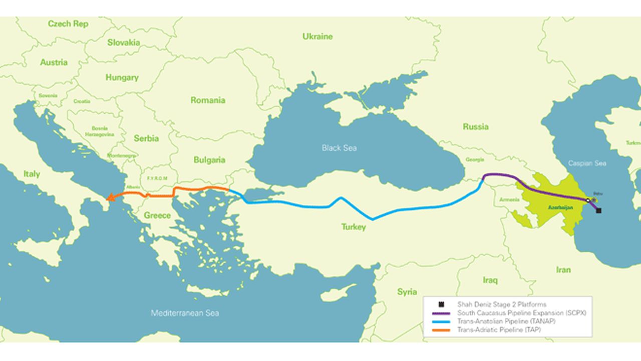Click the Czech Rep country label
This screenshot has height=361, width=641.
(68, 24)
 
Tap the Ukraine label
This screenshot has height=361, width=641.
(317, 36)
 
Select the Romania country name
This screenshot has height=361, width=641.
(208, 100)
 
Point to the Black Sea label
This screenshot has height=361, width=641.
(339, 148)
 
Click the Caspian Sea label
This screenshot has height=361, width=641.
(587, 163)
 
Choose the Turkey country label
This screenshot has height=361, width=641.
(354, 227)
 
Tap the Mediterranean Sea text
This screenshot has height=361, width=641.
(185, 313)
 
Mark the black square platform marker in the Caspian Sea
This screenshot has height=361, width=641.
(599, 211)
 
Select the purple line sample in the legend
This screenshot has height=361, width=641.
(441, 313)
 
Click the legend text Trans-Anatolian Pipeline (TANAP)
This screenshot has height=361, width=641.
(506, 321)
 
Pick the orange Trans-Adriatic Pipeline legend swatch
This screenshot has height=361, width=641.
(441, 330)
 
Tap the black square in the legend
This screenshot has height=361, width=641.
(441, 304)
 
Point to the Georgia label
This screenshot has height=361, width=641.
(474, 159)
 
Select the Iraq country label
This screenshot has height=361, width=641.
(490, 280)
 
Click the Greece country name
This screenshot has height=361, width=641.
(157, 215)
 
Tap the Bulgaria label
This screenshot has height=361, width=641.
(209, 160)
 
